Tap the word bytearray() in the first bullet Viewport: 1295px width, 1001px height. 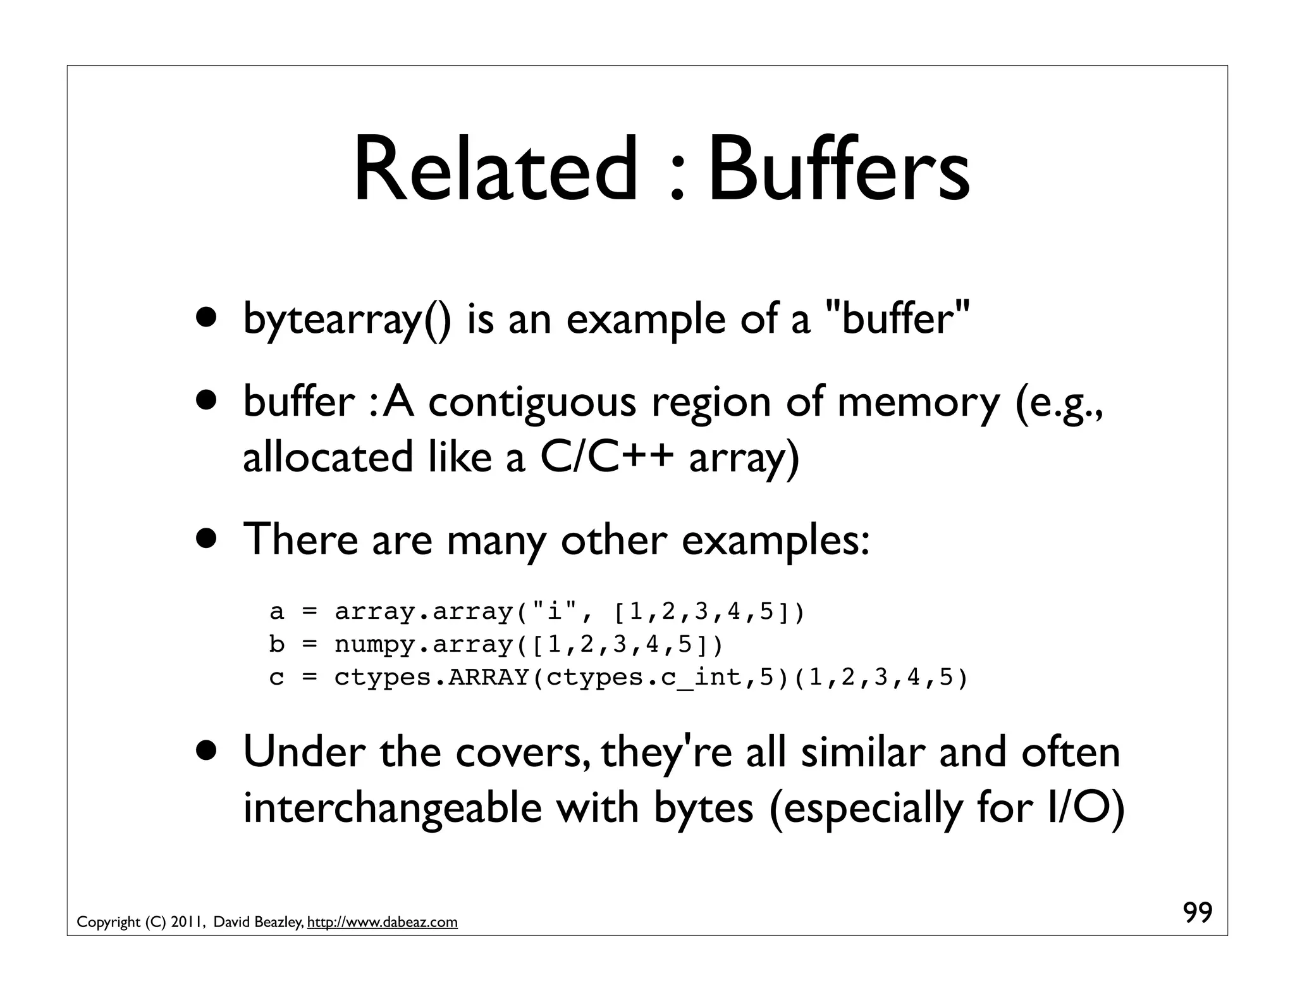tap(347, 320)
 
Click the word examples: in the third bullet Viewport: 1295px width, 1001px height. tap(775, 541)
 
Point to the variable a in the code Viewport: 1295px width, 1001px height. tap(276, 612)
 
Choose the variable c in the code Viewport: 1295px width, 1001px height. tap(276, 678)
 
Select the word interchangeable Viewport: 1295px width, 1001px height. tap(393, 809)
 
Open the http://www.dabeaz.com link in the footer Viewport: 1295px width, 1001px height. tap(382, 923)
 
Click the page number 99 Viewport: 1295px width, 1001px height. tap(1197, 913)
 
